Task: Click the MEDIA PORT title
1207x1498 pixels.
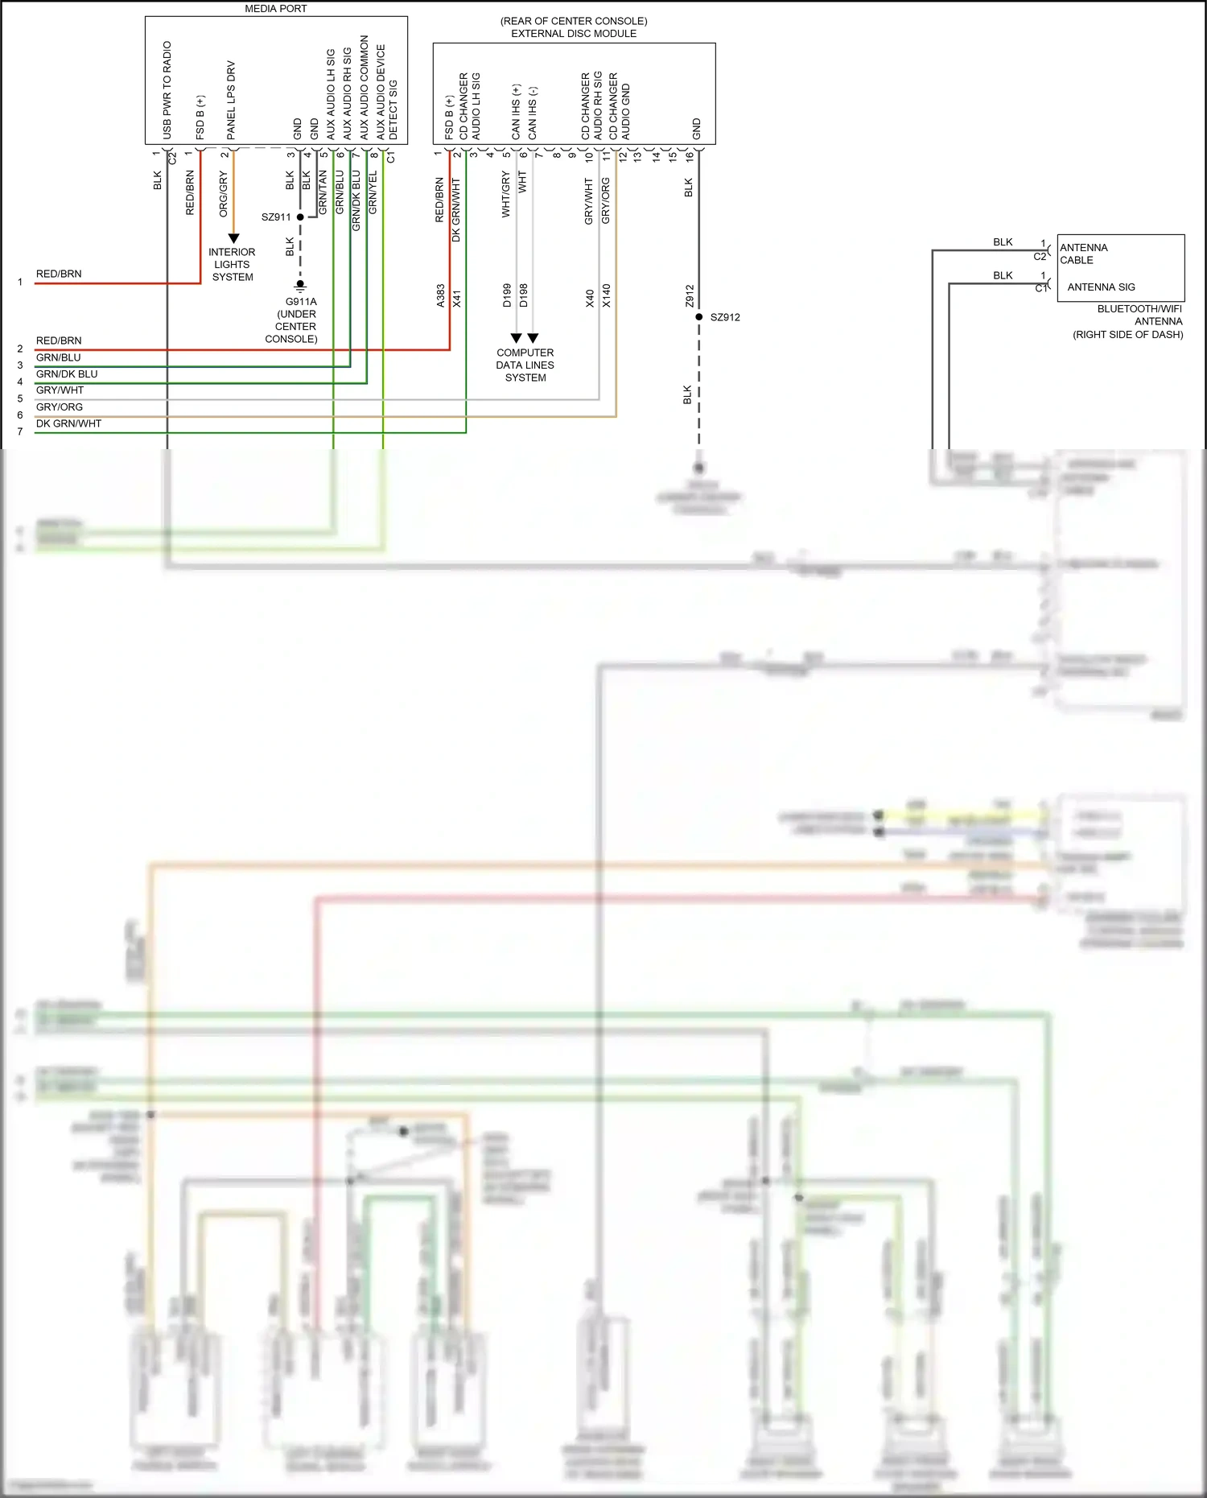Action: [276, 9]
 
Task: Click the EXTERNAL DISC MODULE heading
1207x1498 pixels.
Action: [574, 34]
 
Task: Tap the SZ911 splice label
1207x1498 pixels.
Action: [276, 217]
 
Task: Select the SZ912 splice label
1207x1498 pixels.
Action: [725, 317]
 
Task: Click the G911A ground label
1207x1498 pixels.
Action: [301, 302]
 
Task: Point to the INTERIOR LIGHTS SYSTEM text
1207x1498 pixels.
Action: [232, 265]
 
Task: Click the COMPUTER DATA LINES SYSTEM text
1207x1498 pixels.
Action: [525, 365]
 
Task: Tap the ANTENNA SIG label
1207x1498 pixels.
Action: [1101, 287]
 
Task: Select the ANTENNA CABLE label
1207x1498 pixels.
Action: [1083, 254]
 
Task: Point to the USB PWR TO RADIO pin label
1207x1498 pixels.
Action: [167, 90]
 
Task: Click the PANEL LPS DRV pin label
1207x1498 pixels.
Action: [231, 100]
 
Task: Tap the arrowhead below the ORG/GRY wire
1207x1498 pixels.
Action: [233, 238]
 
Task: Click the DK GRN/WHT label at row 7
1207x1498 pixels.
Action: [68, 424]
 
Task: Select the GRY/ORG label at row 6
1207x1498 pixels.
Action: [60, 407]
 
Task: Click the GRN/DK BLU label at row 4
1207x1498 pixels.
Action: [67, 374]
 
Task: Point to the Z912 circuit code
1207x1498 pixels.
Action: [690, 295]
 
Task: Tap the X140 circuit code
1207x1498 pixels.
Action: [607, 295]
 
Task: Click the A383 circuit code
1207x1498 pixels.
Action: [441, 295]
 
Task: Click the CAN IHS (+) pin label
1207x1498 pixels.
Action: [517, 111]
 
